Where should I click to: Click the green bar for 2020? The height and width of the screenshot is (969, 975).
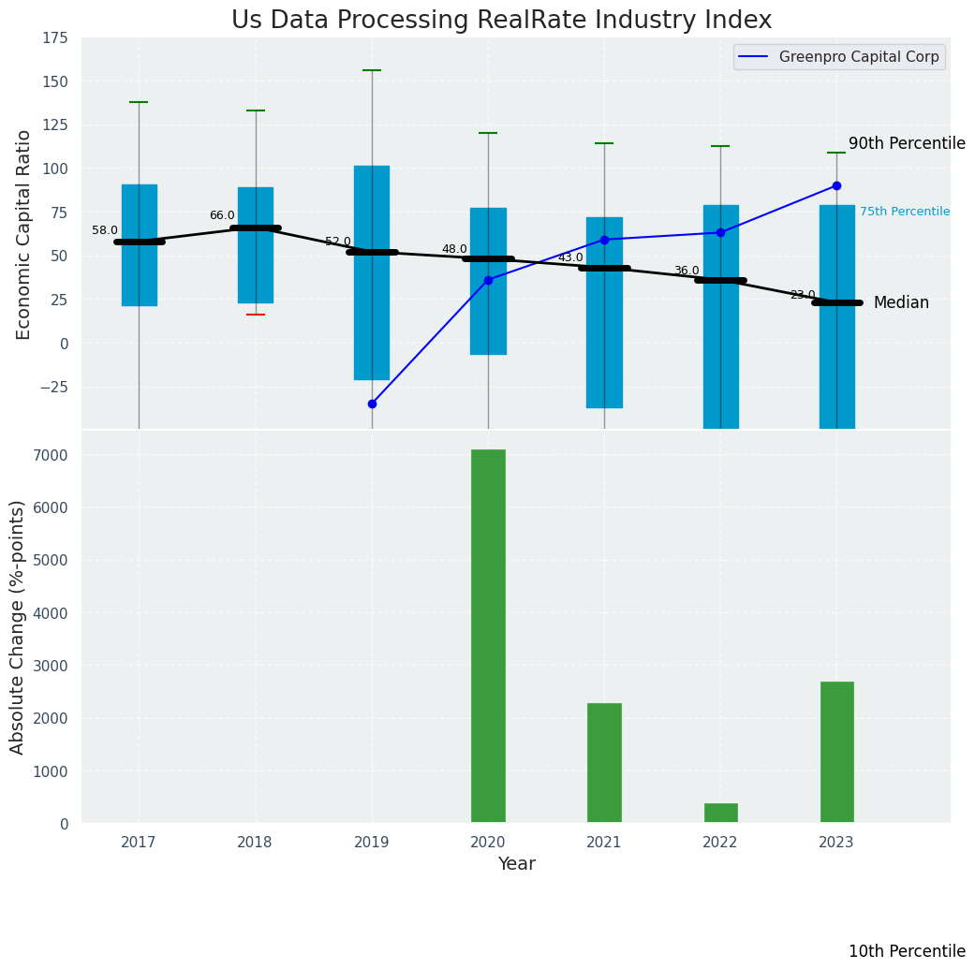[488, 636]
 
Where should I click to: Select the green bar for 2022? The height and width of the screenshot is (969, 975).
[720, 813]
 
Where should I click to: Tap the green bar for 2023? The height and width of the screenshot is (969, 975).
[836, 752]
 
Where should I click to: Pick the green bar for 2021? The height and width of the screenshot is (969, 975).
[604, 762]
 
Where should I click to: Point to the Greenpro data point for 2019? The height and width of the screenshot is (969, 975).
[372, 404]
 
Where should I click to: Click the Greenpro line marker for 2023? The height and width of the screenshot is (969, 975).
[836, 185]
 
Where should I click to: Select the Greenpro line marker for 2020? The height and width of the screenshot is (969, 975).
[488, 280]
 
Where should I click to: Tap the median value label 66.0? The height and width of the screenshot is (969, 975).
[222, 215]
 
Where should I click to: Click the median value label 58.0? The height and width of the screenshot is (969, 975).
[105, 230]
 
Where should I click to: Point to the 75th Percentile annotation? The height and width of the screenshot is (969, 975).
[904, 212]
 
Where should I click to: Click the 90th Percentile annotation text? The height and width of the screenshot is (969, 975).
[906, 143]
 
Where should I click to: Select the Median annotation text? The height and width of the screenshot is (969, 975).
[901, 302]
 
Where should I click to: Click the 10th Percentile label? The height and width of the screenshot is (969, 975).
[906, 951]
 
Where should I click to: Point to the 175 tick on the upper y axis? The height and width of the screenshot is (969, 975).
[54, 37]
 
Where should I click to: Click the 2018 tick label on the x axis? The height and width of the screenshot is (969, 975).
[255, 842]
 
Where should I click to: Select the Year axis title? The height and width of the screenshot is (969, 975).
[516, 864]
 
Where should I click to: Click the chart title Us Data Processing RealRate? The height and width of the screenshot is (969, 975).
[501, 21]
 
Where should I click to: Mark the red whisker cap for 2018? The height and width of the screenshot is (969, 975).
[256, 315]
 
